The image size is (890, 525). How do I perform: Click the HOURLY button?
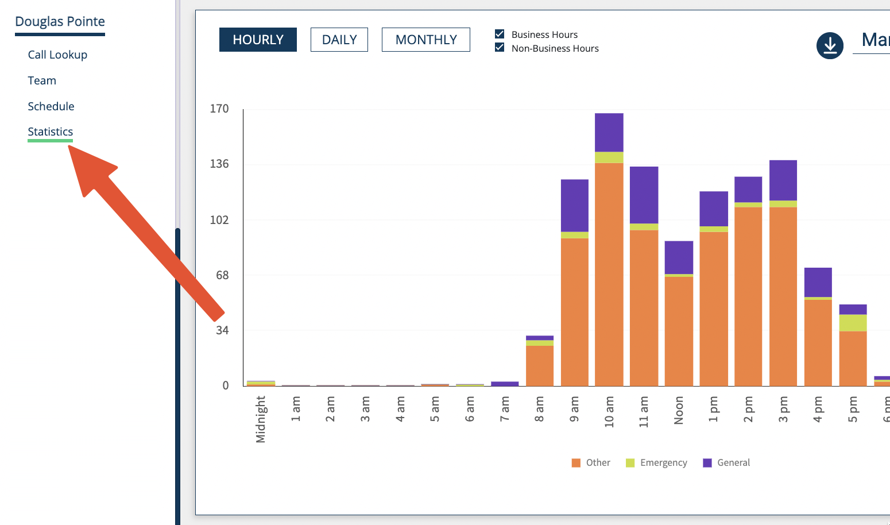258,40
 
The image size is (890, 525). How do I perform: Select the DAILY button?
339,40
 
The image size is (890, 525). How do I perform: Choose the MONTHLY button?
425,40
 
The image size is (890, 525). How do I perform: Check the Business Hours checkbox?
500,34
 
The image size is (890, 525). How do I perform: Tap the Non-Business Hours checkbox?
500,48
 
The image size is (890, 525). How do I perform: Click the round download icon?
830,45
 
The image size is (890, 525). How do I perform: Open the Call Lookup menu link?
57,55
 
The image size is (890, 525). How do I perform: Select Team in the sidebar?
42,80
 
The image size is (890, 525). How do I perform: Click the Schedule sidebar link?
51,106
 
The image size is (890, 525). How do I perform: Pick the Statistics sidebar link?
51,132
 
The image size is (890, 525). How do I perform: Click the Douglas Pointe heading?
60,22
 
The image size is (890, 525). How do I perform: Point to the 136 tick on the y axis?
219,164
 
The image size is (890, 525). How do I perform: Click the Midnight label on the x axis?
261,419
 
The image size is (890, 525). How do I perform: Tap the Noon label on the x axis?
679,410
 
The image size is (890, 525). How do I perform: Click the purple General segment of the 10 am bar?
609,132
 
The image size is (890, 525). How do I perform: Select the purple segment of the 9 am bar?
574,205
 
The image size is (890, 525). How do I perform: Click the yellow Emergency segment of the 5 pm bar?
853,322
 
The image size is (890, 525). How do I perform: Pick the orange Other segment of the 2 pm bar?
748,296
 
